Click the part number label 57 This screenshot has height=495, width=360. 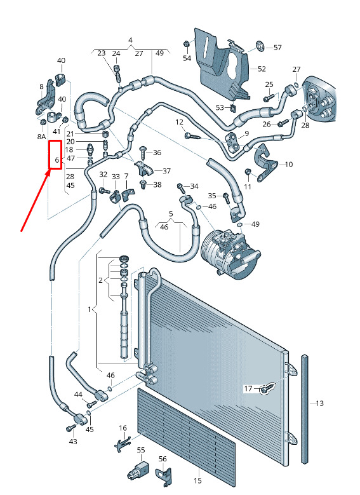click(x=277, y=48)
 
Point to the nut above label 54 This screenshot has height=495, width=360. click(x=186, y=44)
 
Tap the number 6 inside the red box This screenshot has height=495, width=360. click(x=57, y=159)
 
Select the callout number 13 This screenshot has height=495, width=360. click(x=319, y=403)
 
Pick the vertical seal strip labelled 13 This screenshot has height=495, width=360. click(x=305, y=409)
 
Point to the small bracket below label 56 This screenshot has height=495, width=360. click(x=164, y=476)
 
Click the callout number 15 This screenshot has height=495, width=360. click(x=197, y=481)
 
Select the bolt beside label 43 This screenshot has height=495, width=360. click(x=70, y=428)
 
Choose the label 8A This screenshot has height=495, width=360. click(x=41, y=137)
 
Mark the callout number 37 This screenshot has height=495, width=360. click(x=166, y=171)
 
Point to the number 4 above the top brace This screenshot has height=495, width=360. click(x=130, y=40)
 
